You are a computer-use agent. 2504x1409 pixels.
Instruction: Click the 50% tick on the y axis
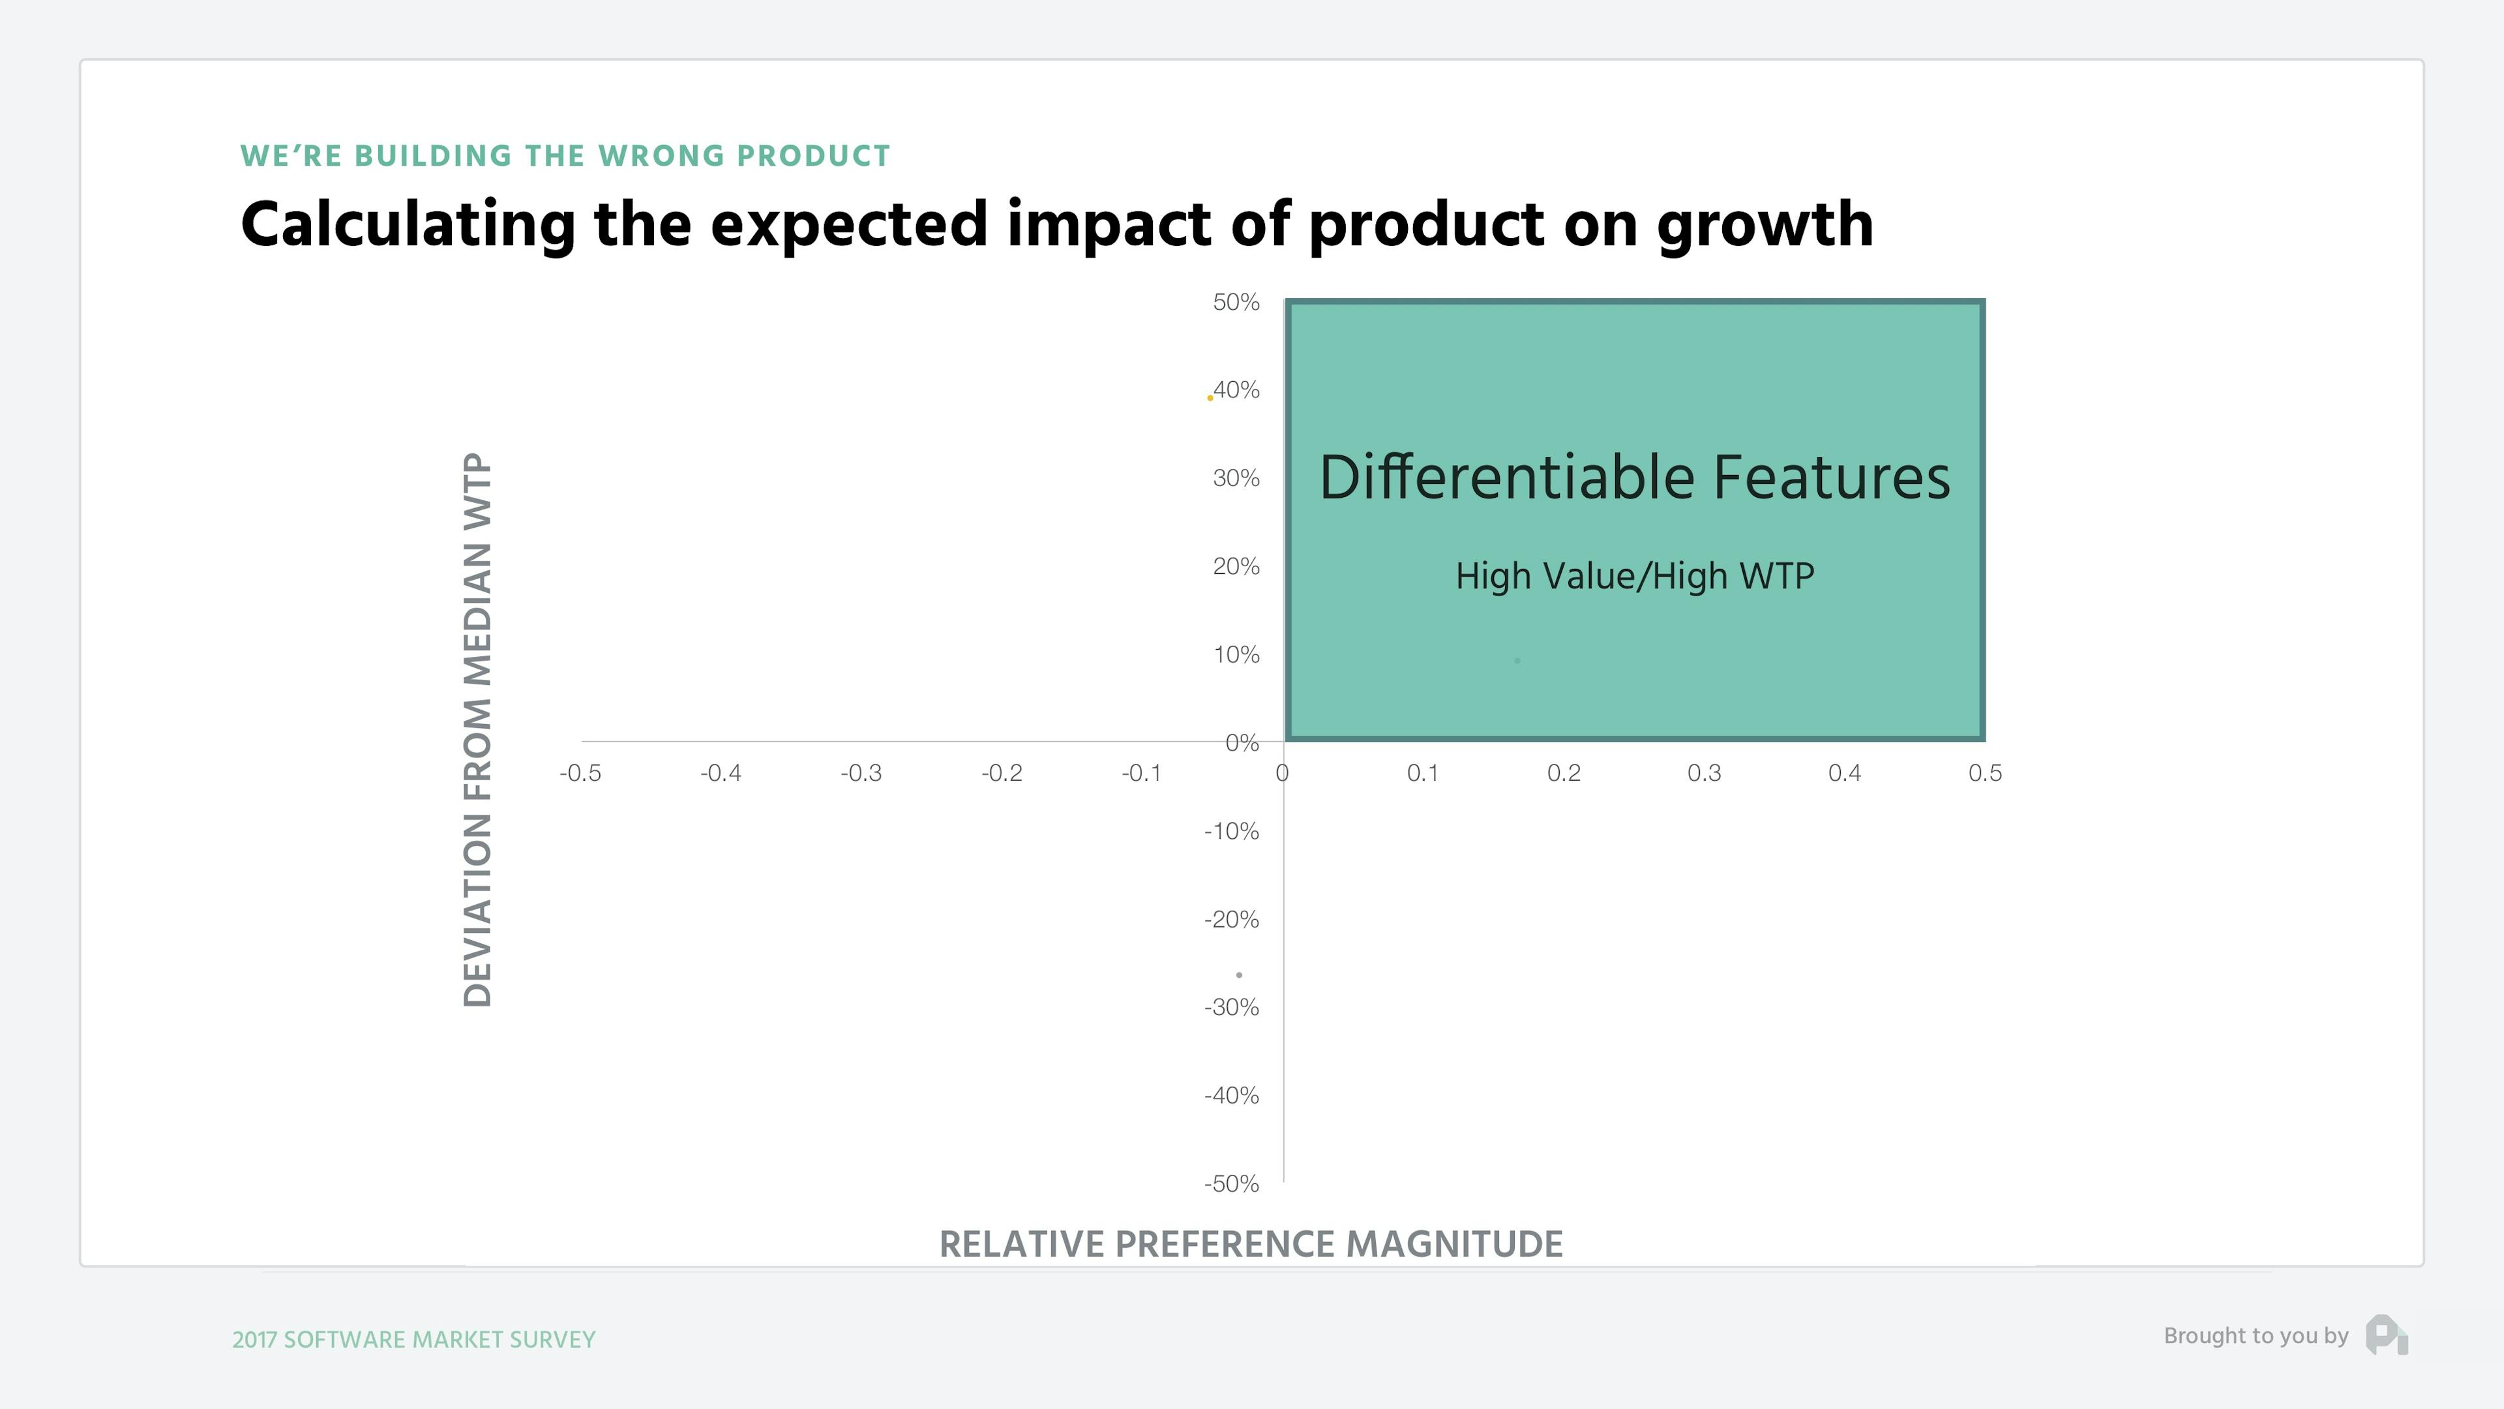[1236, 303]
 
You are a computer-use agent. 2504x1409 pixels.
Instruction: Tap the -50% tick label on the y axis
[1232, 1183]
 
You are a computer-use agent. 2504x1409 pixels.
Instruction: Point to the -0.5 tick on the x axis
[580, 773]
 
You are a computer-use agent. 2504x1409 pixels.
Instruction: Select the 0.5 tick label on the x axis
[1985, 773]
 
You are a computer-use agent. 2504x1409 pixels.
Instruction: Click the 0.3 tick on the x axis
[1704, 773]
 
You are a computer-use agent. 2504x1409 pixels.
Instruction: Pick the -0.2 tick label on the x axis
[1001, 773]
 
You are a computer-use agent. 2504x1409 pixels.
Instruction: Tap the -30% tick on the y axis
[1232, 1007]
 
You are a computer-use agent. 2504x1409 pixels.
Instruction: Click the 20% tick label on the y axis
[1236, 567]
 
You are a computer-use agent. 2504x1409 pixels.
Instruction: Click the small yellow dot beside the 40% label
[1209, 398]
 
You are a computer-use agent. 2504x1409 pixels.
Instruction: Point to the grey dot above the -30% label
[1238, 975]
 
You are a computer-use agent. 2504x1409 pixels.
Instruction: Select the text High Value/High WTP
[1634, 575]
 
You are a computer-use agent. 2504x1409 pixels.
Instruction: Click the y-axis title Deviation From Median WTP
[477, 729]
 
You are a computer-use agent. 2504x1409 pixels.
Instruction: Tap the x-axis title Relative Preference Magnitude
[1250, 1244]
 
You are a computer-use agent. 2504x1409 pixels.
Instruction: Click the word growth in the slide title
[1765, 226]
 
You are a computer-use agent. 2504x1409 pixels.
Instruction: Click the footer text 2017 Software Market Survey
[413, 1339]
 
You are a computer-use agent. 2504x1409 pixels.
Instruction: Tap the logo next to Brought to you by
[2387, 1335]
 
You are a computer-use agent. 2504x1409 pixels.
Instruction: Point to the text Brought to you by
[2255, 1336]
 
